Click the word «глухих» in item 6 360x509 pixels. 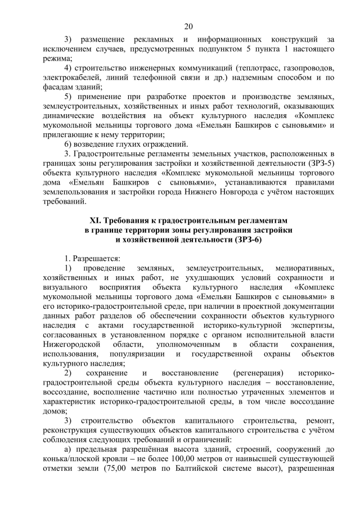(127, 144)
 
